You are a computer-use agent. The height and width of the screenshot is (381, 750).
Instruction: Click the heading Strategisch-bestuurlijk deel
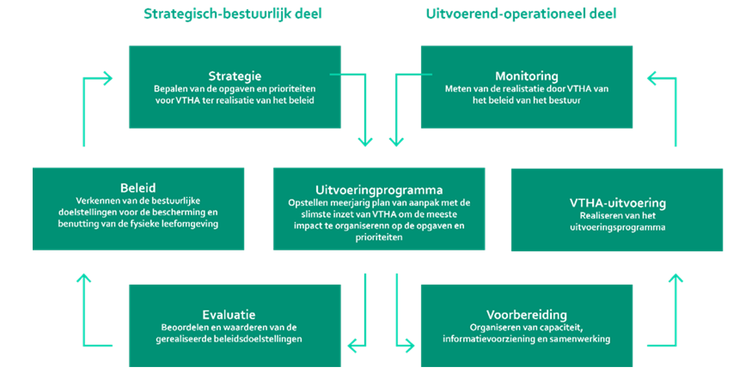233,13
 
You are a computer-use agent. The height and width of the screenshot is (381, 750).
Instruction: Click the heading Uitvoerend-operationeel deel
521,13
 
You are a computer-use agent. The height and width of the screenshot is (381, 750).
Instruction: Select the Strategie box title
234,76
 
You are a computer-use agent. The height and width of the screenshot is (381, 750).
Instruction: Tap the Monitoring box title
526,76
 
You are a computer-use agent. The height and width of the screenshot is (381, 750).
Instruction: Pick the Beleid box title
138,188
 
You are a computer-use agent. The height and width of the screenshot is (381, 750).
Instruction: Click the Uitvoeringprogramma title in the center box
378,190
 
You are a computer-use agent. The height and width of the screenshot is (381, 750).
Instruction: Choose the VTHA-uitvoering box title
617,203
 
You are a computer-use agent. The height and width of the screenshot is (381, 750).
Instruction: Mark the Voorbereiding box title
526,315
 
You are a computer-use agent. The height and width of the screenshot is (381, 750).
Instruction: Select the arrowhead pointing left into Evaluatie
352,346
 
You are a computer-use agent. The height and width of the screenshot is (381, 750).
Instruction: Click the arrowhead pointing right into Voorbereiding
409,346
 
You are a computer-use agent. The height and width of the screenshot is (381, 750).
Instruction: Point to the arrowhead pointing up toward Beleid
84,278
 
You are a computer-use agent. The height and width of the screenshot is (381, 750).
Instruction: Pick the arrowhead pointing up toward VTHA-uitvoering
675,278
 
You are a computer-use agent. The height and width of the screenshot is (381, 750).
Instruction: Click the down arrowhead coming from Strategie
365,142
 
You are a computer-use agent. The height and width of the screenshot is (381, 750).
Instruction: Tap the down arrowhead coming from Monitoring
396,142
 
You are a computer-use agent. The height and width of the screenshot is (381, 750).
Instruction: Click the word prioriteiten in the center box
378,237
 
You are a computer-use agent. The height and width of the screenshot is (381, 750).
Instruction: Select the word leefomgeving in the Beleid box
190,224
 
